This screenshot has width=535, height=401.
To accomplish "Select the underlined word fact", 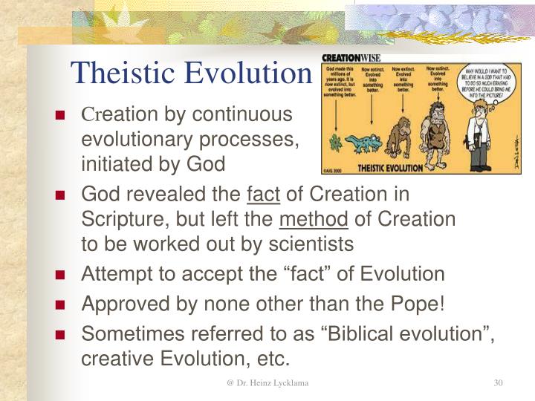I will pyautogui.click(x=263, y=195).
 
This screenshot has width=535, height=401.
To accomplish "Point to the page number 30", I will pyautogui.click(x=499, y=383).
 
